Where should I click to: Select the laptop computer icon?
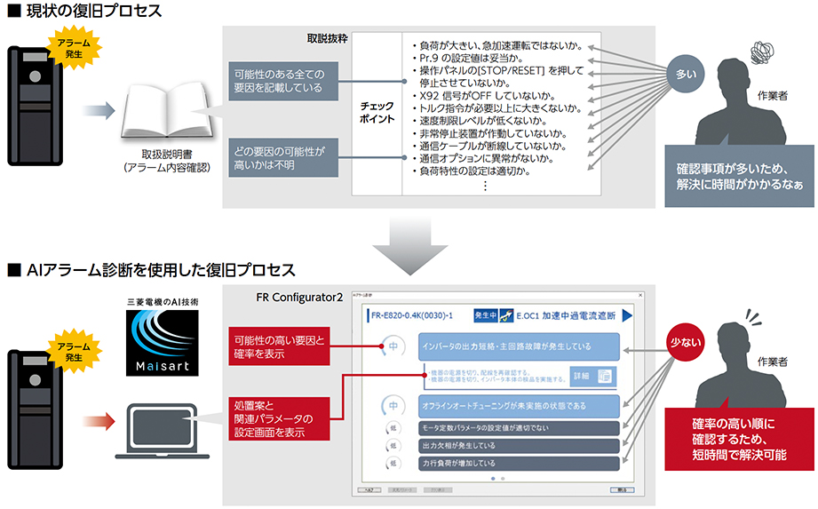tap(162, 432)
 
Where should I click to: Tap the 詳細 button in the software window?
tap(592, 376)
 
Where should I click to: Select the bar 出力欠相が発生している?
tap(518, 445)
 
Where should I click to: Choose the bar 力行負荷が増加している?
tap(518, 462)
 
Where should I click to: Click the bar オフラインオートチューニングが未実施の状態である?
tap(518, 406)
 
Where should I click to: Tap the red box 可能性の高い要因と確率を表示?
tap(279, 346)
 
